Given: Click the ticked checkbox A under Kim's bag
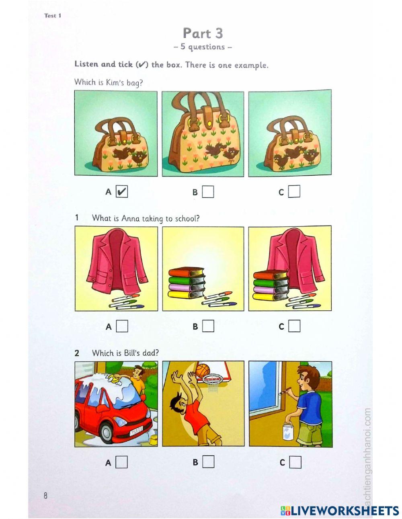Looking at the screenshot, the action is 121,191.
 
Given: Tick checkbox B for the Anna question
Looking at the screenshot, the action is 208,326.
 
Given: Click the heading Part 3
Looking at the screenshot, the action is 203,33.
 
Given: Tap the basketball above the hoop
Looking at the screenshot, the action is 203,371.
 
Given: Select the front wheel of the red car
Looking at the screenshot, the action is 107,429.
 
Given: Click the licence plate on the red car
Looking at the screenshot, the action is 135,431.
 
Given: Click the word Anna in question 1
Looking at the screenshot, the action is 130,218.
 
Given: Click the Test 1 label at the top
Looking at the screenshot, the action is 53,16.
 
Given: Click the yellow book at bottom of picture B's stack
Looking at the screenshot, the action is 186,294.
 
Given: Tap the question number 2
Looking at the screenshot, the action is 77,353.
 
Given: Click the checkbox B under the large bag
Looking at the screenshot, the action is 208,191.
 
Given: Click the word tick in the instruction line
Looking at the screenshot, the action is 125,64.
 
